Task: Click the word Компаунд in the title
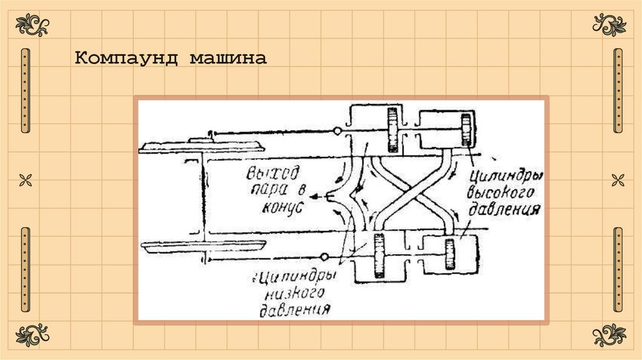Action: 125,59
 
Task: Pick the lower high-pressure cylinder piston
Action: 449,254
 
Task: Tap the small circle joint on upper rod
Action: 337,131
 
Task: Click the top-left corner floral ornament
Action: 32,26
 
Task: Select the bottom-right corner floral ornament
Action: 609,335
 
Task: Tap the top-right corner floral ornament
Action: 609,26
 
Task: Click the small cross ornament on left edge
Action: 25,181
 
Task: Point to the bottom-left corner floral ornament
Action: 32,335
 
